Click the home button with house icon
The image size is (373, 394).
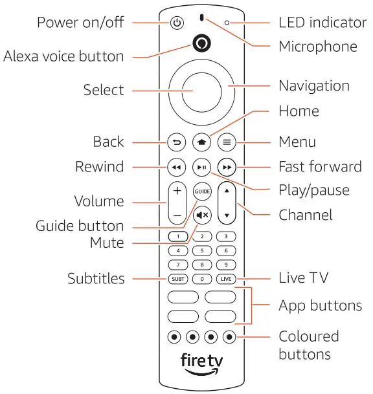pos(201,142)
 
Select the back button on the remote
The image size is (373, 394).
pos(176,142)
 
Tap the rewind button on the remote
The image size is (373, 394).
pos(176,167)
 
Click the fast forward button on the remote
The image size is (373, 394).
pos(226,167)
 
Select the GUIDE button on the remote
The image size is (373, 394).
pos(201,191)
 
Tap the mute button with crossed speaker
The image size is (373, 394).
pos(201,215)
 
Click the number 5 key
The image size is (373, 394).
pos(201,250)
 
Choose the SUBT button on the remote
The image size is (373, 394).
pos(177,279)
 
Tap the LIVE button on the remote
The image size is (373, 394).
pos(226,279)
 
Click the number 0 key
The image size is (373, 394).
pos(201,279)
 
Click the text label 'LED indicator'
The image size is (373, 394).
pos(322,23)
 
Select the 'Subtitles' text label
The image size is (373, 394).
pos(96,279)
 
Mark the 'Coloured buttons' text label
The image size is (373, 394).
pos(309,345)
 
